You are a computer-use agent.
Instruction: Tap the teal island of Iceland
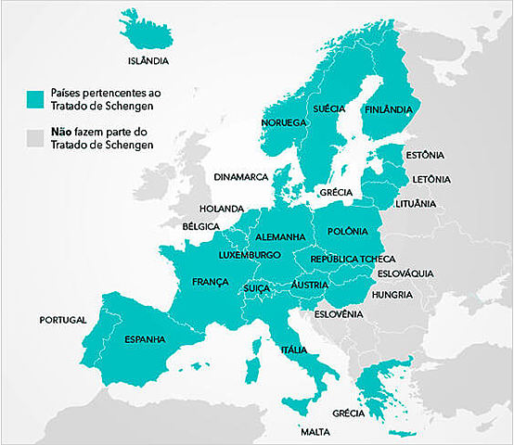pos(146,31)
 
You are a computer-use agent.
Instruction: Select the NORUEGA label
pos(283,122)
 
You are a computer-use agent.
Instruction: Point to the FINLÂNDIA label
pos(389,109)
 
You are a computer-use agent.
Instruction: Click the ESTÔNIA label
pos(425,155)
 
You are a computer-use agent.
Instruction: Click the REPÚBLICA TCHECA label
pos(353,259)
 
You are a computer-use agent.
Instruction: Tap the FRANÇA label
pos(210,281)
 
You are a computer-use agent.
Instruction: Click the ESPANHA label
pos(145,339)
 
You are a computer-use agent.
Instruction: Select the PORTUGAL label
pos(63,320)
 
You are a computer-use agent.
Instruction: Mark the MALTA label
pos(315,432)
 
